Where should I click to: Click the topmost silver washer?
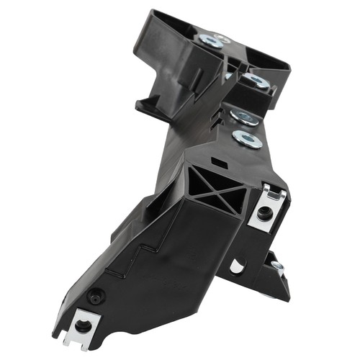[x=213, y=41]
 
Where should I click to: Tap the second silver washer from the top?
[x=256, y=81]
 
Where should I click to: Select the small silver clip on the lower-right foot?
[x=277, y=267]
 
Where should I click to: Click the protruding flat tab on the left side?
[x=148, y=108]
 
